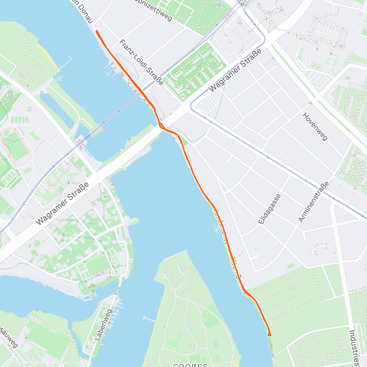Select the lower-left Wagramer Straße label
click(62, 204)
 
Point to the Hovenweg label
click(315, 126)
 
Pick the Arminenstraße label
click(314, 202)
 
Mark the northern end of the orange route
click(97, 31)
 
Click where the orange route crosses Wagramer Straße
click(161, 126)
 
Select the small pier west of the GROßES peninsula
click(150, 319)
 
